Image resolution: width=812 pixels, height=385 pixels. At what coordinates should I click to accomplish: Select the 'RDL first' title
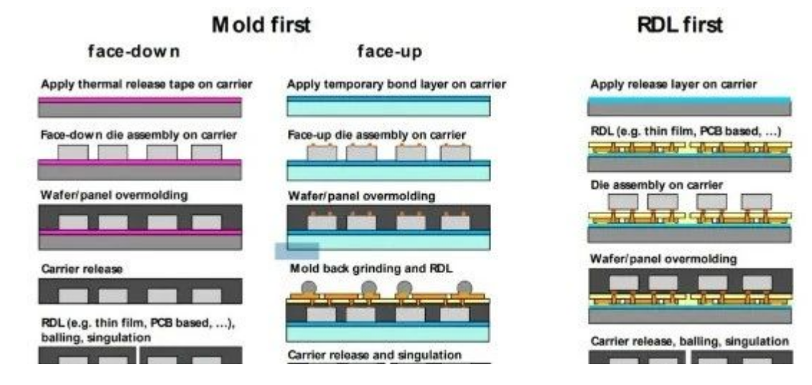point(681,26)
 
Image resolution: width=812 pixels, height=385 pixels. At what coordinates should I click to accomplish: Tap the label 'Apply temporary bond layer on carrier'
point(396,85)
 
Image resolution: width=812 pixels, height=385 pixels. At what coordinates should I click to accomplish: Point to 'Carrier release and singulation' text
point(374,355)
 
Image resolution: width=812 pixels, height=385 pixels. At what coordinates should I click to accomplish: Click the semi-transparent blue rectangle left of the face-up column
point(297,251)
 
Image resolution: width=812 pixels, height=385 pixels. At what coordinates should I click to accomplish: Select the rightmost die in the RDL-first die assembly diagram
point(755,202)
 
